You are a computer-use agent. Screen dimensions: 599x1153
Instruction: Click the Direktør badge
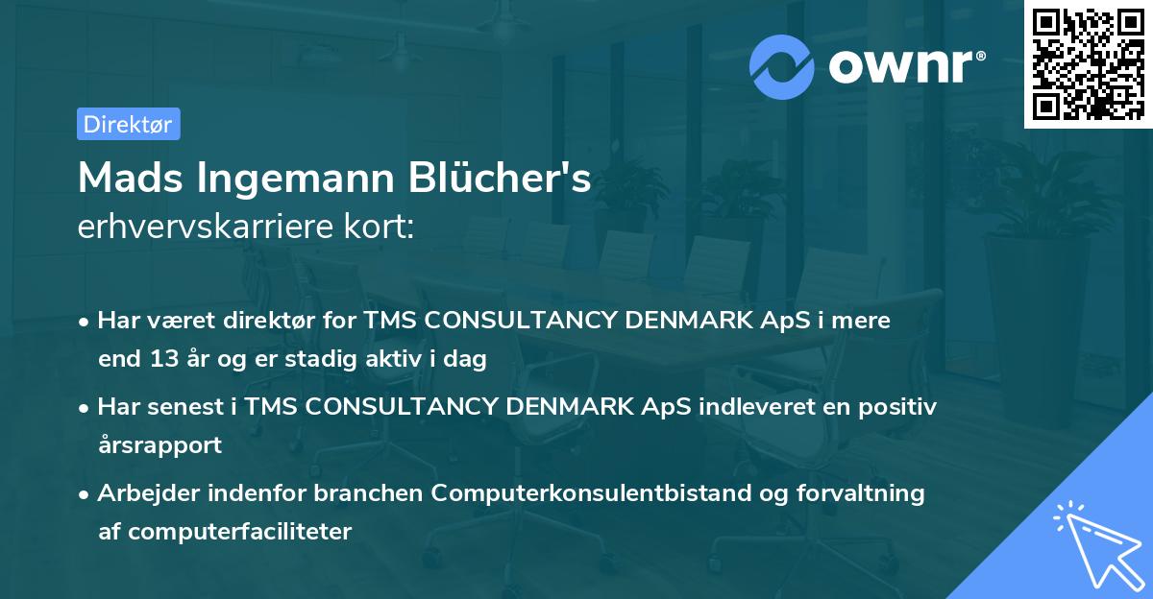[x=128, y=124]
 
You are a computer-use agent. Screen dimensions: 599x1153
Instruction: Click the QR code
[x=1088, y=63]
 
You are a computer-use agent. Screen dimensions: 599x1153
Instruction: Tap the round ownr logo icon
[x=782, y=66]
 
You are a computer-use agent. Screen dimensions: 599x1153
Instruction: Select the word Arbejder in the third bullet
[x=141, y=493]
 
